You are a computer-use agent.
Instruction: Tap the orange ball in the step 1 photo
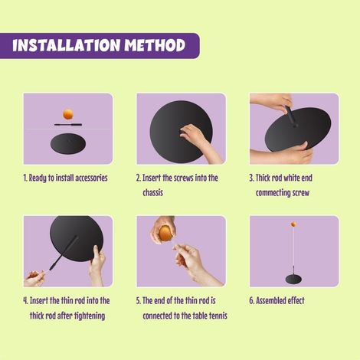(67, 114)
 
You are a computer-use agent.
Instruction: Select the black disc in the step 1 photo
(67, 143)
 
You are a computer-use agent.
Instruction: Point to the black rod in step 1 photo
(67, 123)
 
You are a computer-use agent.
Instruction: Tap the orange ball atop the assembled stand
(293, 224)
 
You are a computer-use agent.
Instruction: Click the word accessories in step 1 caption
(87, 178)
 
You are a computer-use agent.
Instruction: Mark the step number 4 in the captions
(25, 300)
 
